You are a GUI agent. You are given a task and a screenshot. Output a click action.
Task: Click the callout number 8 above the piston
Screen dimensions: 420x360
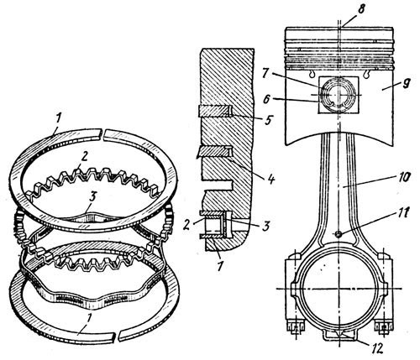point(361,9)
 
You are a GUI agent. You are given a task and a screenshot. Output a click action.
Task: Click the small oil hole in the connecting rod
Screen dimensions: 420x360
point(339,234)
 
